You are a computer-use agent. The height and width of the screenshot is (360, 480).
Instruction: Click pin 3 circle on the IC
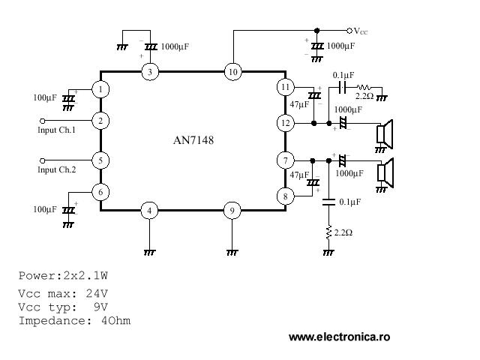150,72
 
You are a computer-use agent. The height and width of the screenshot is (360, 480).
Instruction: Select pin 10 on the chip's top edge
232,72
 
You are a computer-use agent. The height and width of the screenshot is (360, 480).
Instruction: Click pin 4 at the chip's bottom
150,211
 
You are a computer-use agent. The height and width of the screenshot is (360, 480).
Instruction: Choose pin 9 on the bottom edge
232,211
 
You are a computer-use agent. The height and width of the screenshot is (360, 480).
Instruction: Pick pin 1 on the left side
100,88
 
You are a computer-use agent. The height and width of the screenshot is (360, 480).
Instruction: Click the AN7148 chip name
193,140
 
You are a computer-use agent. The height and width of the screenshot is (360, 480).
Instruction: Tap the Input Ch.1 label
57,130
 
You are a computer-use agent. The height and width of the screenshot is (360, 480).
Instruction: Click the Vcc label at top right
361,31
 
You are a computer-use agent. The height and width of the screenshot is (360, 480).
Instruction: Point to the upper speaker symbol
385,133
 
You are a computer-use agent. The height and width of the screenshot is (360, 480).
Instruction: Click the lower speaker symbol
385,172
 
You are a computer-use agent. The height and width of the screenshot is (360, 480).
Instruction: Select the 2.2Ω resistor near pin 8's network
328,233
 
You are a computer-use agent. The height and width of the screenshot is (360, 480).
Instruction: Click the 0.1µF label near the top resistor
343,75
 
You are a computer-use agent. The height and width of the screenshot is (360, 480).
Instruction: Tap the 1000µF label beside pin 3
175,46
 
